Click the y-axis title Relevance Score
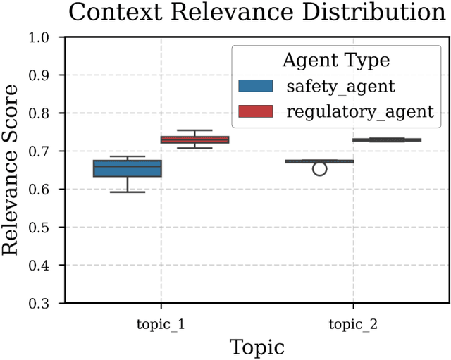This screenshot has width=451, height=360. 12,170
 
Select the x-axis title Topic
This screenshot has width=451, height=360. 257,347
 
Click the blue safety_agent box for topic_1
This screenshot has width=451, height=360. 128,168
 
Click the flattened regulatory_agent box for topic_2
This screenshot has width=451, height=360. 387,140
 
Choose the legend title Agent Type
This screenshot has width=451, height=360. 336,61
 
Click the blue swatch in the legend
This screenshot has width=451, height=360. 256,87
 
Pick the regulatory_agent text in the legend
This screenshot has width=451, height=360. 359,111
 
